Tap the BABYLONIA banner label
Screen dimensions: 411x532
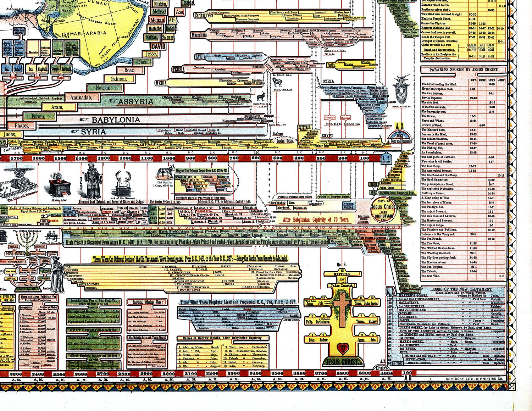[116, 120]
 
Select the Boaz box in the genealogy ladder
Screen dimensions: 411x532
[130, 70]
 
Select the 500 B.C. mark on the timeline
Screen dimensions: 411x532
[277, 158]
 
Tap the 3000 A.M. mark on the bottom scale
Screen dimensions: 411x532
[168, 373]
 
